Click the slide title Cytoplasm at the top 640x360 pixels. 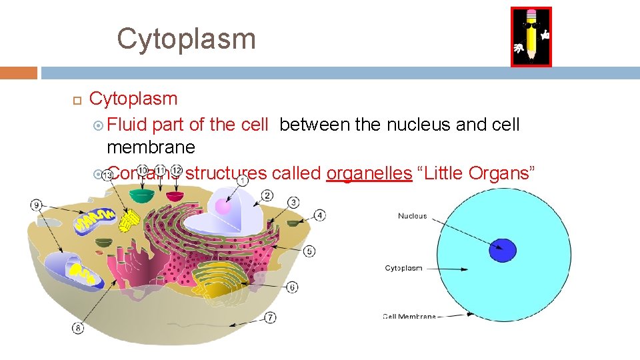(x=186, y=39)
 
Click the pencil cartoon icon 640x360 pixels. (x=531, y=37)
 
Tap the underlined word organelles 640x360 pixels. (x=369, y=173)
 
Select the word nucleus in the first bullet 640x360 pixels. (x=417, y=125)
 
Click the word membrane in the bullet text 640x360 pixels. (x=151, y=147)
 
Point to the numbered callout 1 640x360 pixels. (x=243, y=179)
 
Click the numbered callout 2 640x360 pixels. (x=267, y=195)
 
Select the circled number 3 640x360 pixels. (x=293, y=202)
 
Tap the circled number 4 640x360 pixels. (x=320, y=215)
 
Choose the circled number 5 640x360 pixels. (x=309, y=251)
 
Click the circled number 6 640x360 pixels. (x=293, y=287)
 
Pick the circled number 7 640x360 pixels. (x=270, y=317)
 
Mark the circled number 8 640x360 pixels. (x=79, y=327)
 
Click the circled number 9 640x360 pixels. (x=37, y=205)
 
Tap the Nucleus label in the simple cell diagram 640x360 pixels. (x=412, y=216)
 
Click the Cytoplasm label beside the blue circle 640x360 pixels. (x=403, y=268)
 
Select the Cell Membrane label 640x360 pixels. (x=409, y=317)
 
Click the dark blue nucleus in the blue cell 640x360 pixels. (x=502, y=250)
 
